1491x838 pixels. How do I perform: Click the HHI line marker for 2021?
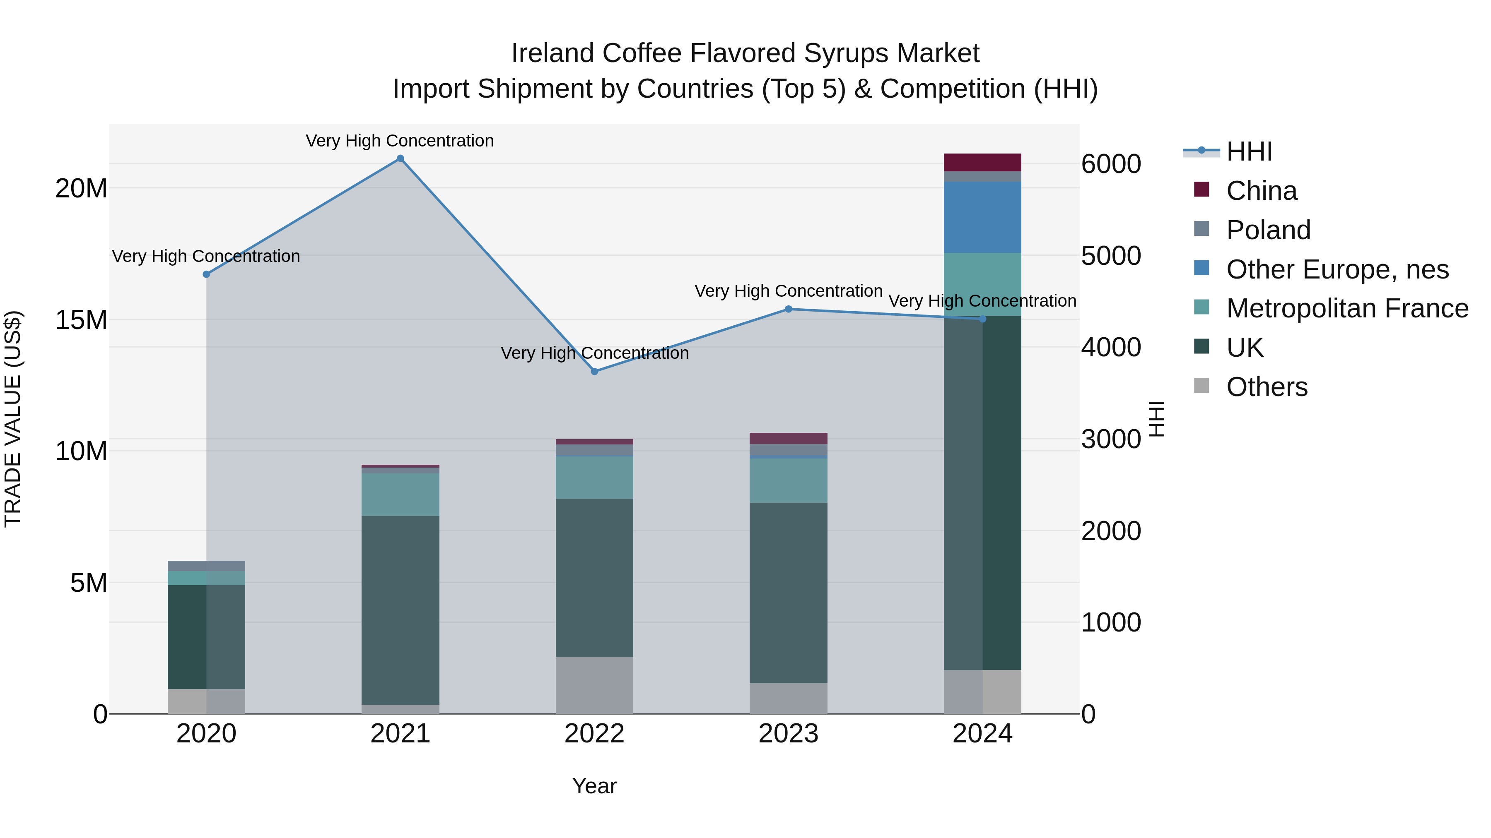400,158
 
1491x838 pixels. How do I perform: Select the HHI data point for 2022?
594,371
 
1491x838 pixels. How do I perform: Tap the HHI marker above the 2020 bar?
206,274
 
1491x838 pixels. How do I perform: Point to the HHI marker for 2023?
788,309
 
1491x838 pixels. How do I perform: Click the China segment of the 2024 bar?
982,163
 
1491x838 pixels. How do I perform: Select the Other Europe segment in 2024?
982,217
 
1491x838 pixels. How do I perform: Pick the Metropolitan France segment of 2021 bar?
400,495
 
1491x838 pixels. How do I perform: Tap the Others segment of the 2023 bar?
788,698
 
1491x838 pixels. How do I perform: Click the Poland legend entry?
1268,230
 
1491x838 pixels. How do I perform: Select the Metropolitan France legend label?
1347,308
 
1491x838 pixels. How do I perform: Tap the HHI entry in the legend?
1249,151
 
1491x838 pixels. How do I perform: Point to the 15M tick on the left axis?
81,320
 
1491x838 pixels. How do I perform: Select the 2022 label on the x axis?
594,734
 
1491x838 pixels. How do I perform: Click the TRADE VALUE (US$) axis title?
13,419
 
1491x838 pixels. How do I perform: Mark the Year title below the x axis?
594,786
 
